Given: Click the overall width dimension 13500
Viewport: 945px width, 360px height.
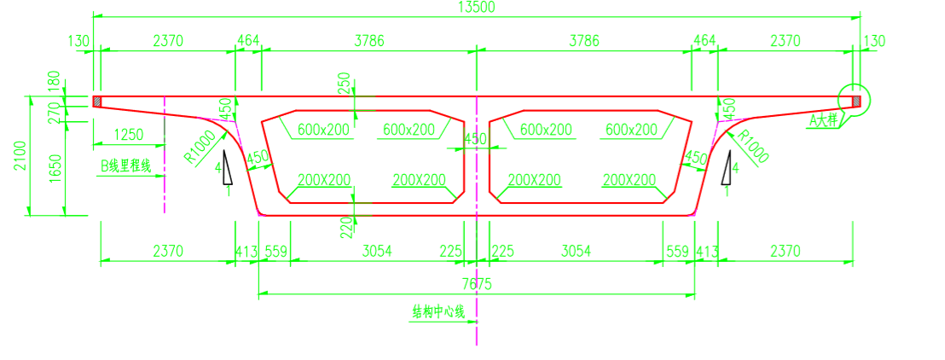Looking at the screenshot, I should coord(477,8).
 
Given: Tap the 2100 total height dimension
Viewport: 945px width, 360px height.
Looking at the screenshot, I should coord(20,155).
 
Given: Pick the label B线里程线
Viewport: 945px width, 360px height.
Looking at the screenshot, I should coord(125,165).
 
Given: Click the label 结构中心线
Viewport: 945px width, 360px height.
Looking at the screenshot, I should coord(438,312).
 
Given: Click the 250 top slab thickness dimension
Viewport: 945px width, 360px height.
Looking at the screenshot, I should coord(345,84).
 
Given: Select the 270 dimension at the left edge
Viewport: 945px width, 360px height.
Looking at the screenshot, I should coord(55,110).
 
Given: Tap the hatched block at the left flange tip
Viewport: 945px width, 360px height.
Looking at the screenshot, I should coord(96,102).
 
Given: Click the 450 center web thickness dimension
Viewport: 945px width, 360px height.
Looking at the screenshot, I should coord(475,138).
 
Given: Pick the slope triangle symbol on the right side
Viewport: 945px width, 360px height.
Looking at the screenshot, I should coord(726,167).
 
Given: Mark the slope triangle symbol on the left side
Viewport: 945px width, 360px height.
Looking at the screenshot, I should coord(226,167).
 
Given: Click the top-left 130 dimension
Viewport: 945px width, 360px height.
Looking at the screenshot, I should coord(82,40).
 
